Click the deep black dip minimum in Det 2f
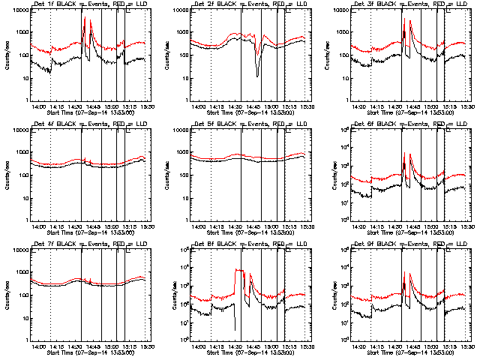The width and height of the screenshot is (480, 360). [257, 75]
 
